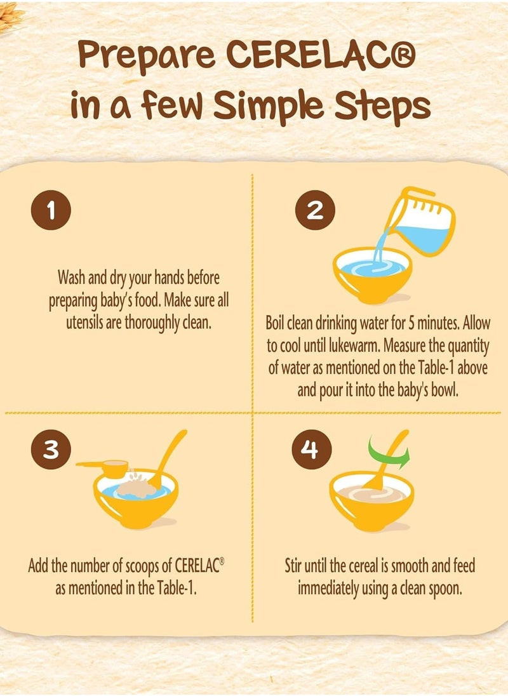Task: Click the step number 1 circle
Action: (51, 210)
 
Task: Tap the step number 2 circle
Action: (315, 210)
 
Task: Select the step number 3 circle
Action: (51, 449)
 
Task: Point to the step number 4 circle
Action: (311, 449)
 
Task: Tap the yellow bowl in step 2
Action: (372, 275)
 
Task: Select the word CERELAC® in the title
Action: (321, 54)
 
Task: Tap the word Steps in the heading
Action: (382, 108)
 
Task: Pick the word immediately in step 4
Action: (328, 589)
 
